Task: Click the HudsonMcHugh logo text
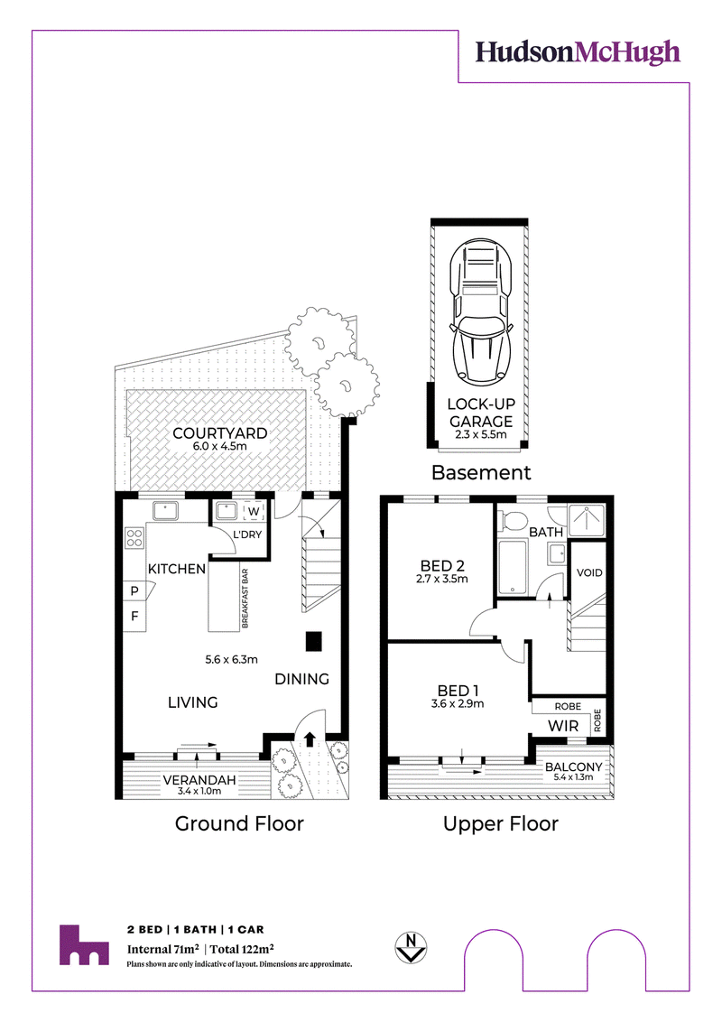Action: coord(578,52)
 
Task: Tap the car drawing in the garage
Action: coord(480,311)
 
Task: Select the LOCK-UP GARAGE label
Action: coord(481,413)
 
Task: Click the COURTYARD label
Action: coord(219,433)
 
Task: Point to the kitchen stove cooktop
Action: coord(134,538)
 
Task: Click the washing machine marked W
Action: coord(254,512)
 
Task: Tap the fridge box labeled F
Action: coord(134,616)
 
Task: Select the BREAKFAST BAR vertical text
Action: coord(245,599)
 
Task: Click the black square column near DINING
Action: coord(314,641)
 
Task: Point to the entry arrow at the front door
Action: coord(310,739)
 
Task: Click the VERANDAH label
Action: coord(199,780)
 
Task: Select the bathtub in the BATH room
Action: coord(513,566)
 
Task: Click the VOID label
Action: coord(589,573)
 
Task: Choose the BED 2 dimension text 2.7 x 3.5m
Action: coord(442,579)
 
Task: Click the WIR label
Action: coord(563,726)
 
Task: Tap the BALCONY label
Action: coord(573,767)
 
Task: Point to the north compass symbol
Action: coord(411,947)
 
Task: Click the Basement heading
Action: coord(481,472)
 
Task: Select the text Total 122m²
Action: coord(242,949)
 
